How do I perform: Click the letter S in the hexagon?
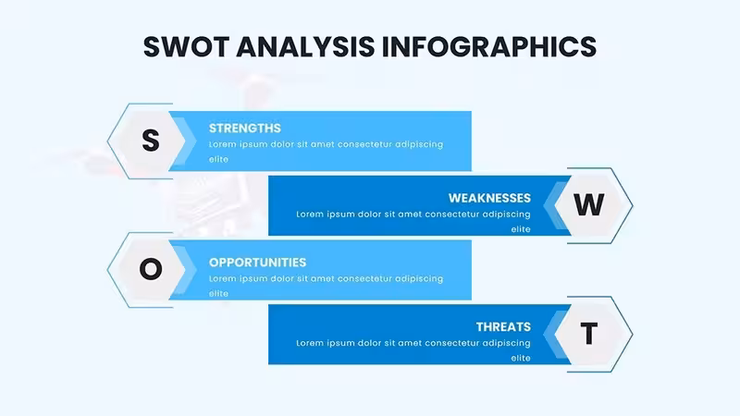151,141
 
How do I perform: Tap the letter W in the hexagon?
589,204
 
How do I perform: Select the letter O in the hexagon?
151,269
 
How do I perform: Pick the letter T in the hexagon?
589,334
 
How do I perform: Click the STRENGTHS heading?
245,128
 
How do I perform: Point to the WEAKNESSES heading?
489,198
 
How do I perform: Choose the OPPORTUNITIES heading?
258,263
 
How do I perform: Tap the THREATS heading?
503,327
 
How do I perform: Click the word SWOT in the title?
186,47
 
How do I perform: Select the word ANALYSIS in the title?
305,47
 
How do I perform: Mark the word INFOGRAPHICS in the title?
489,47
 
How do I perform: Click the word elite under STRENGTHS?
218,159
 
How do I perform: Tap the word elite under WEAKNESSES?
521,229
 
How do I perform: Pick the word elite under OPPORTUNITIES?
218,293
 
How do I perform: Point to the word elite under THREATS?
521,358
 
